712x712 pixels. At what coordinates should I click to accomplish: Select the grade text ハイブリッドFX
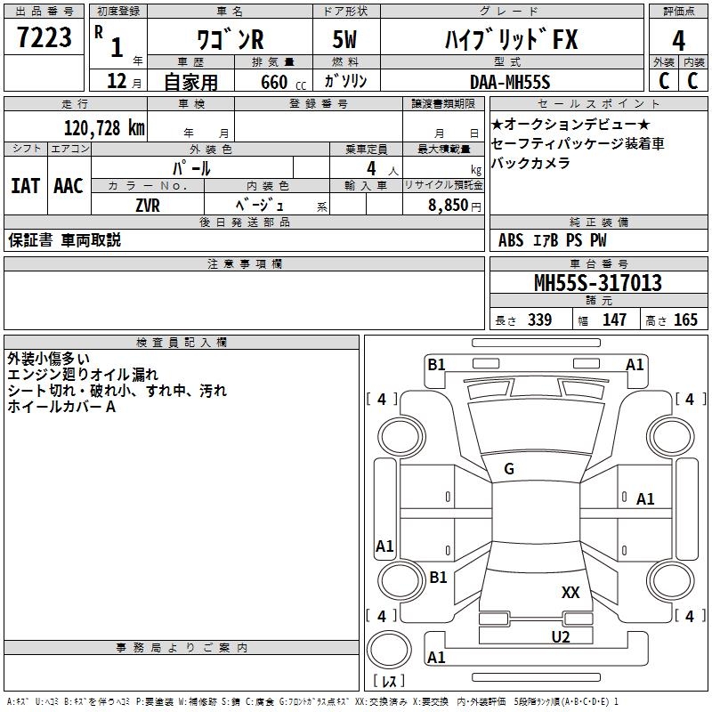point(511,40)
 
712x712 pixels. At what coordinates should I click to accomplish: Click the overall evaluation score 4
point(679,41)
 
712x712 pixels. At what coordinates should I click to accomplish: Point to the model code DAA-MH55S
point(510,82)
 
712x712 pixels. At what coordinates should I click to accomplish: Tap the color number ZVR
point(148,205)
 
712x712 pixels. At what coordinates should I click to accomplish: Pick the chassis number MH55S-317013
point(597,284)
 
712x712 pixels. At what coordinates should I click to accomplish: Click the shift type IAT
point(26,186)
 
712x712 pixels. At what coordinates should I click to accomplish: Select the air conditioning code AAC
point(68,186)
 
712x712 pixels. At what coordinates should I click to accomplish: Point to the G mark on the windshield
point(509,469)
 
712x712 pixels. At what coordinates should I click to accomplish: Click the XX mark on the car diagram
point(570,592)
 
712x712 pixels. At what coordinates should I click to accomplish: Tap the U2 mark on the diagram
point(560,636)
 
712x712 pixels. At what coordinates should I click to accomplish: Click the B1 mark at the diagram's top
point(436,364)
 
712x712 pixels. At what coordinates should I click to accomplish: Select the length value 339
point(539,320)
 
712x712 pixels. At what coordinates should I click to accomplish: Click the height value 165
point(685,320)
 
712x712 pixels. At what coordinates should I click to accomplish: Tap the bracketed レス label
point(388,682)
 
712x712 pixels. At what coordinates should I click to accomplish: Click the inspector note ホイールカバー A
point(61,407)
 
